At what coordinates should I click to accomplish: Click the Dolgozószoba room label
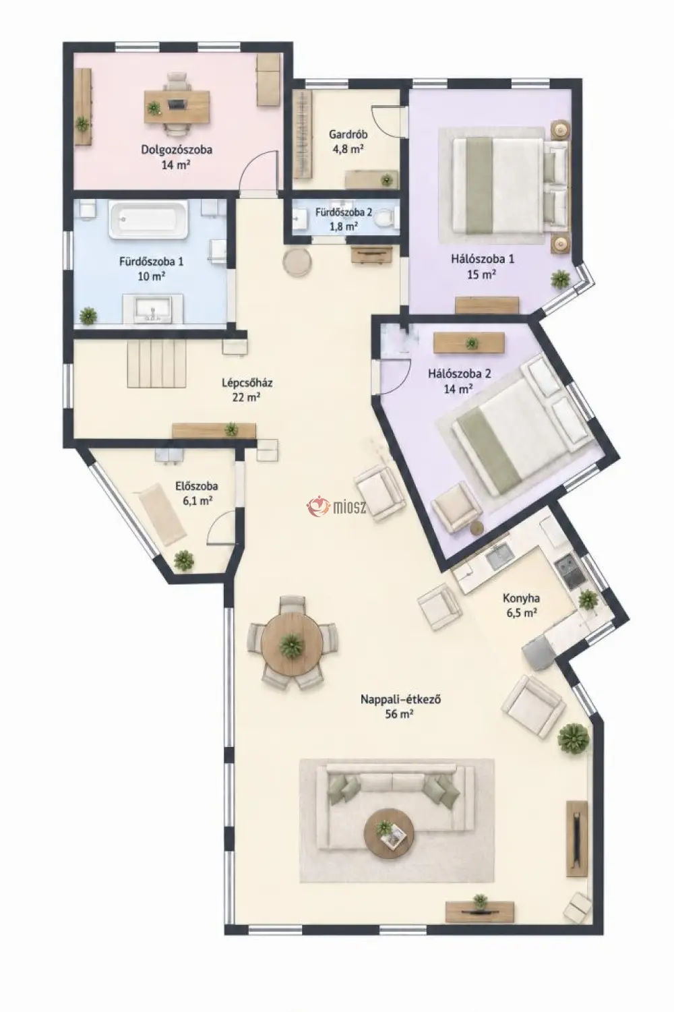tap(176, 150)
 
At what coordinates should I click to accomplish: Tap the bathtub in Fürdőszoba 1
tap(148, 220)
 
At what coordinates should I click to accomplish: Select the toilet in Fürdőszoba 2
tap(386, 218)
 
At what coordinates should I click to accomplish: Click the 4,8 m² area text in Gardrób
tap(348, 150)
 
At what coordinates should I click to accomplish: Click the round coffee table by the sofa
tap(389, 833)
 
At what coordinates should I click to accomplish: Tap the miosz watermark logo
tap(336, 506)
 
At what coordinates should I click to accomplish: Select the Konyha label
tap(521, 598)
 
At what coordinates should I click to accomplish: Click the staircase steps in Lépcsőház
tap(157, 363)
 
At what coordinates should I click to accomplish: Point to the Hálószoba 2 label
tap(453, 374)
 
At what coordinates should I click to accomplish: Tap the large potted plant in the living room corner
tap(574, 738)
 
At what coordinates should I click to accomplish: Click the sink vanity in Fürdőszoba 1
tap(154, 309)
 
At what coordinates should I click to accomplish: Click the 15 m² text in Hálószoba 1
tap(482, 274)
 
